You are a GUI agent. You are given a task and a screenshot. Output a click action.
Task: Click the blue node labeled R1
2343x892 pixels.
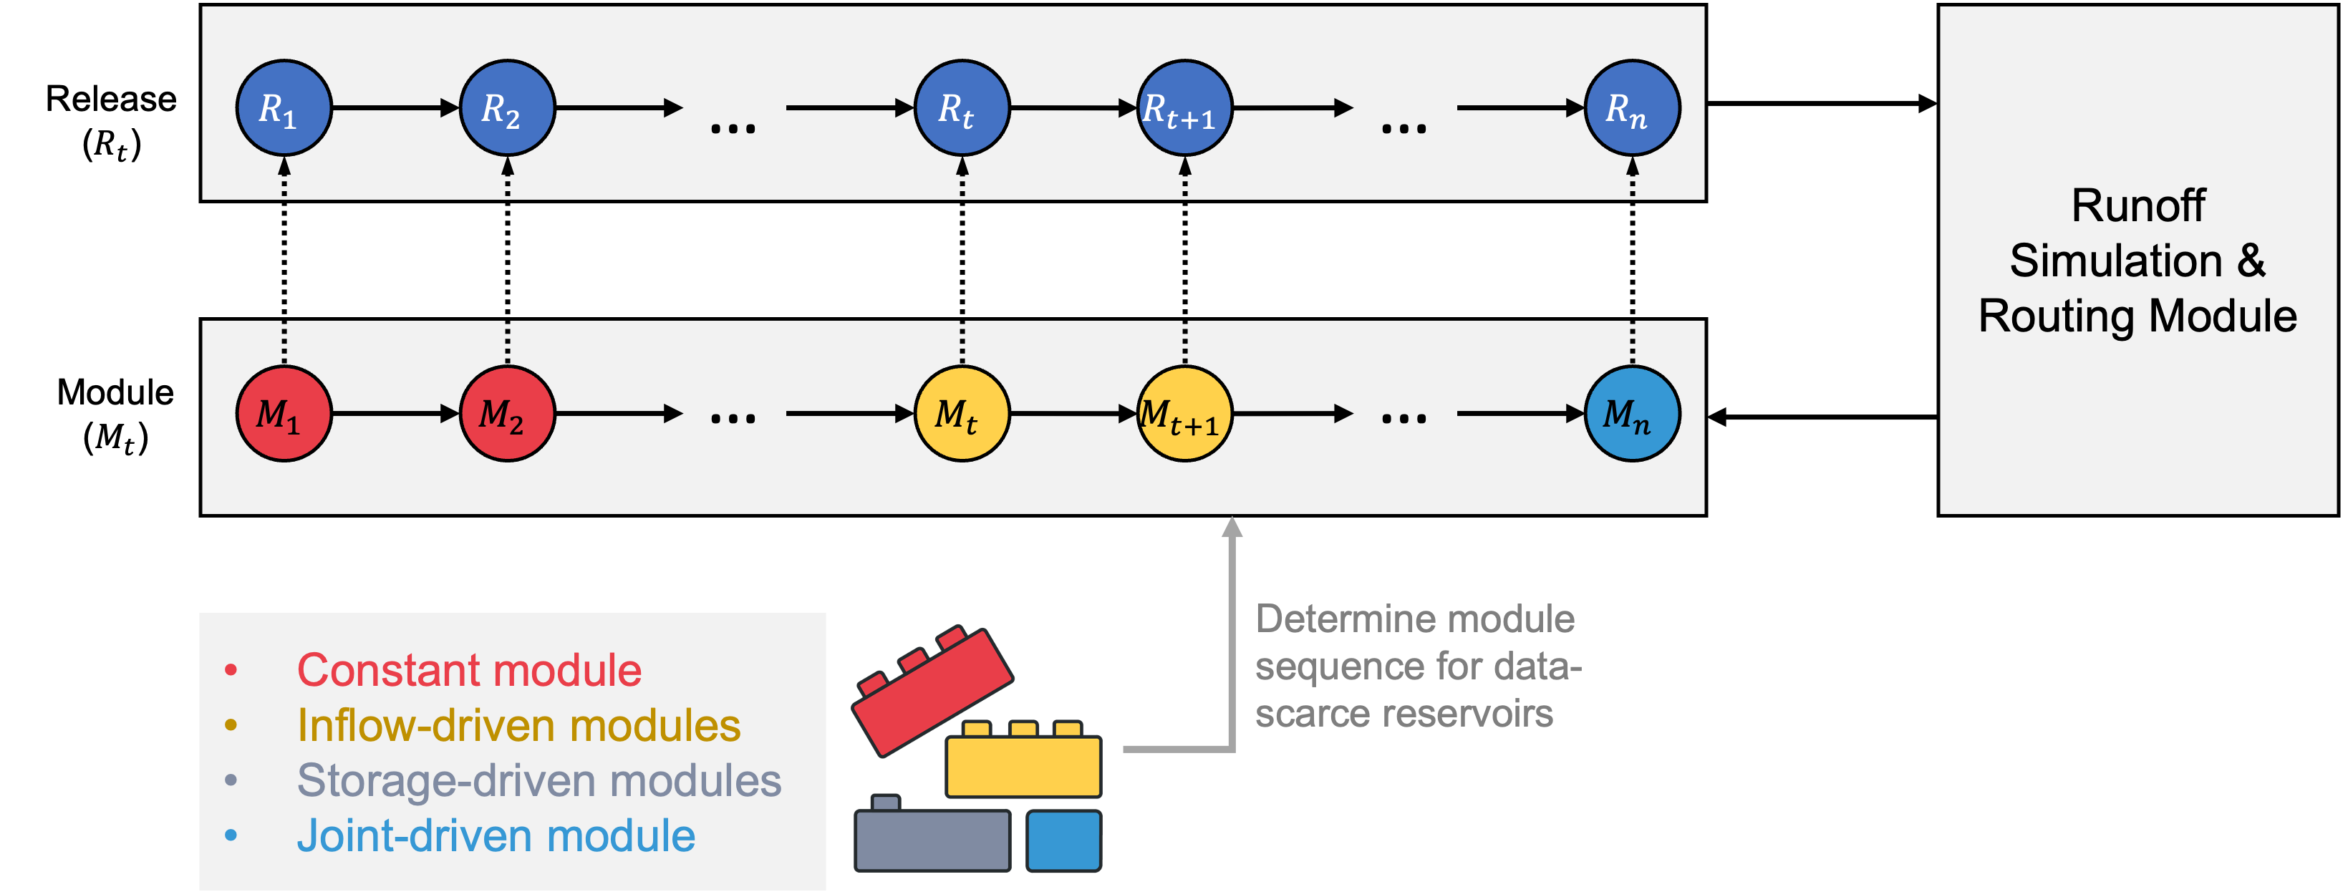284,108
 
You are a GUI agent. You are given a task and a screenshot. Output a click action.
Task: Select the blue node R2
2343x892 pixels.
508,108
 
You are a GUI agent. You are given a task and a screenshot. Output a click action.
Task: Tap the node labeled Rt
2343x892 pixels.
962,108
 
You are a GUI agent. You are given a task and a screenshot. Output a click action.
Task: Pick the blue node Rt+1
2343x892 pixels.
1184,108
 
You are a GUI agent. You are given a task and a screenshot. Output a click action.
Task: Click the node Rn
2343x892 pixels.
1632,108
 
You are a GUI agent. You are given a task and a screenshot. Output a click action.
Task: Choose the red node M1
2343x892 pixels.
284,414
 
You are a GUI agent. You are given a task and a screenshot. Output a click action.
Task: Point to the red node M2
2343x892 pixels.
508,414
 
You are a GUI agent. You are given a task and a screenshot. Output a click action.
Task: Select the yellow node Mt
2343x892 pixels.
962,414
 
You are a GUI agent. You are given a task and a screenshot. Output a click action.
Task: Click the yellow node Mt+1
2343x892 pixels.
1184,414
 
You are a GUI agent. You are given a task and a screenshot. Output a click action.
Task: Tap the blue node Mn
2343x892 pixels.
1632,414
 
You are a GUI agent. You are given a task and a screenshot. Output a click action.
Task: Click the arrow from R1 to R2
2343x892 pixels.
396,108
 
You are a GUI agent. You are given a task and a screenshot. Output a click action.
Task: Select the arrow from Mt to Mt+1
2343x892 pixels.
1073,414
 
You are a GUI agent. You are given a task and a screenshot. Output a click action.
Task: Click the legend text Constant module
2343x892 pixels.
468,670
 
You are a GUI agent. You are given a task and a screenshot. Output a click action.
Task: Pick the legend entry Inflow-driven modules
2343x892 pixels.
518,726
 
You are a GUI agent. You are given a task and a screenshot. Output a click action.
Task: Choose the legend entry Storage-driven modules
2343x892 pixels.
538,780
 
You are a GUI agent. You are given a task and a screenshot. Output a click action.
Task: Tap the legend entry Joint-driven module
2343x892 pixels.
496,835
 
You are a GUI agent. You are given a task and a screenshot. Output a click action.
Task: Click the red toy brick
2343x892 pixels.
932,691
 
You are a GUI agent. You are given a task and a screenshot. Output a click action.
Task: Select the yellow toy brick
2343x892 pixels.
1023,764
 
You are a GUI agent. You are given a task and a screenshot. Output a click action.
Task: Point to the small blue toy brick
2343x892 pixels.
1063,840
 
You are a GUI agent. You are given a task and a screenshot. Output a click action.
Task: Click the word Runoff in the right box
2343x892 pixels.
2137,205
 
